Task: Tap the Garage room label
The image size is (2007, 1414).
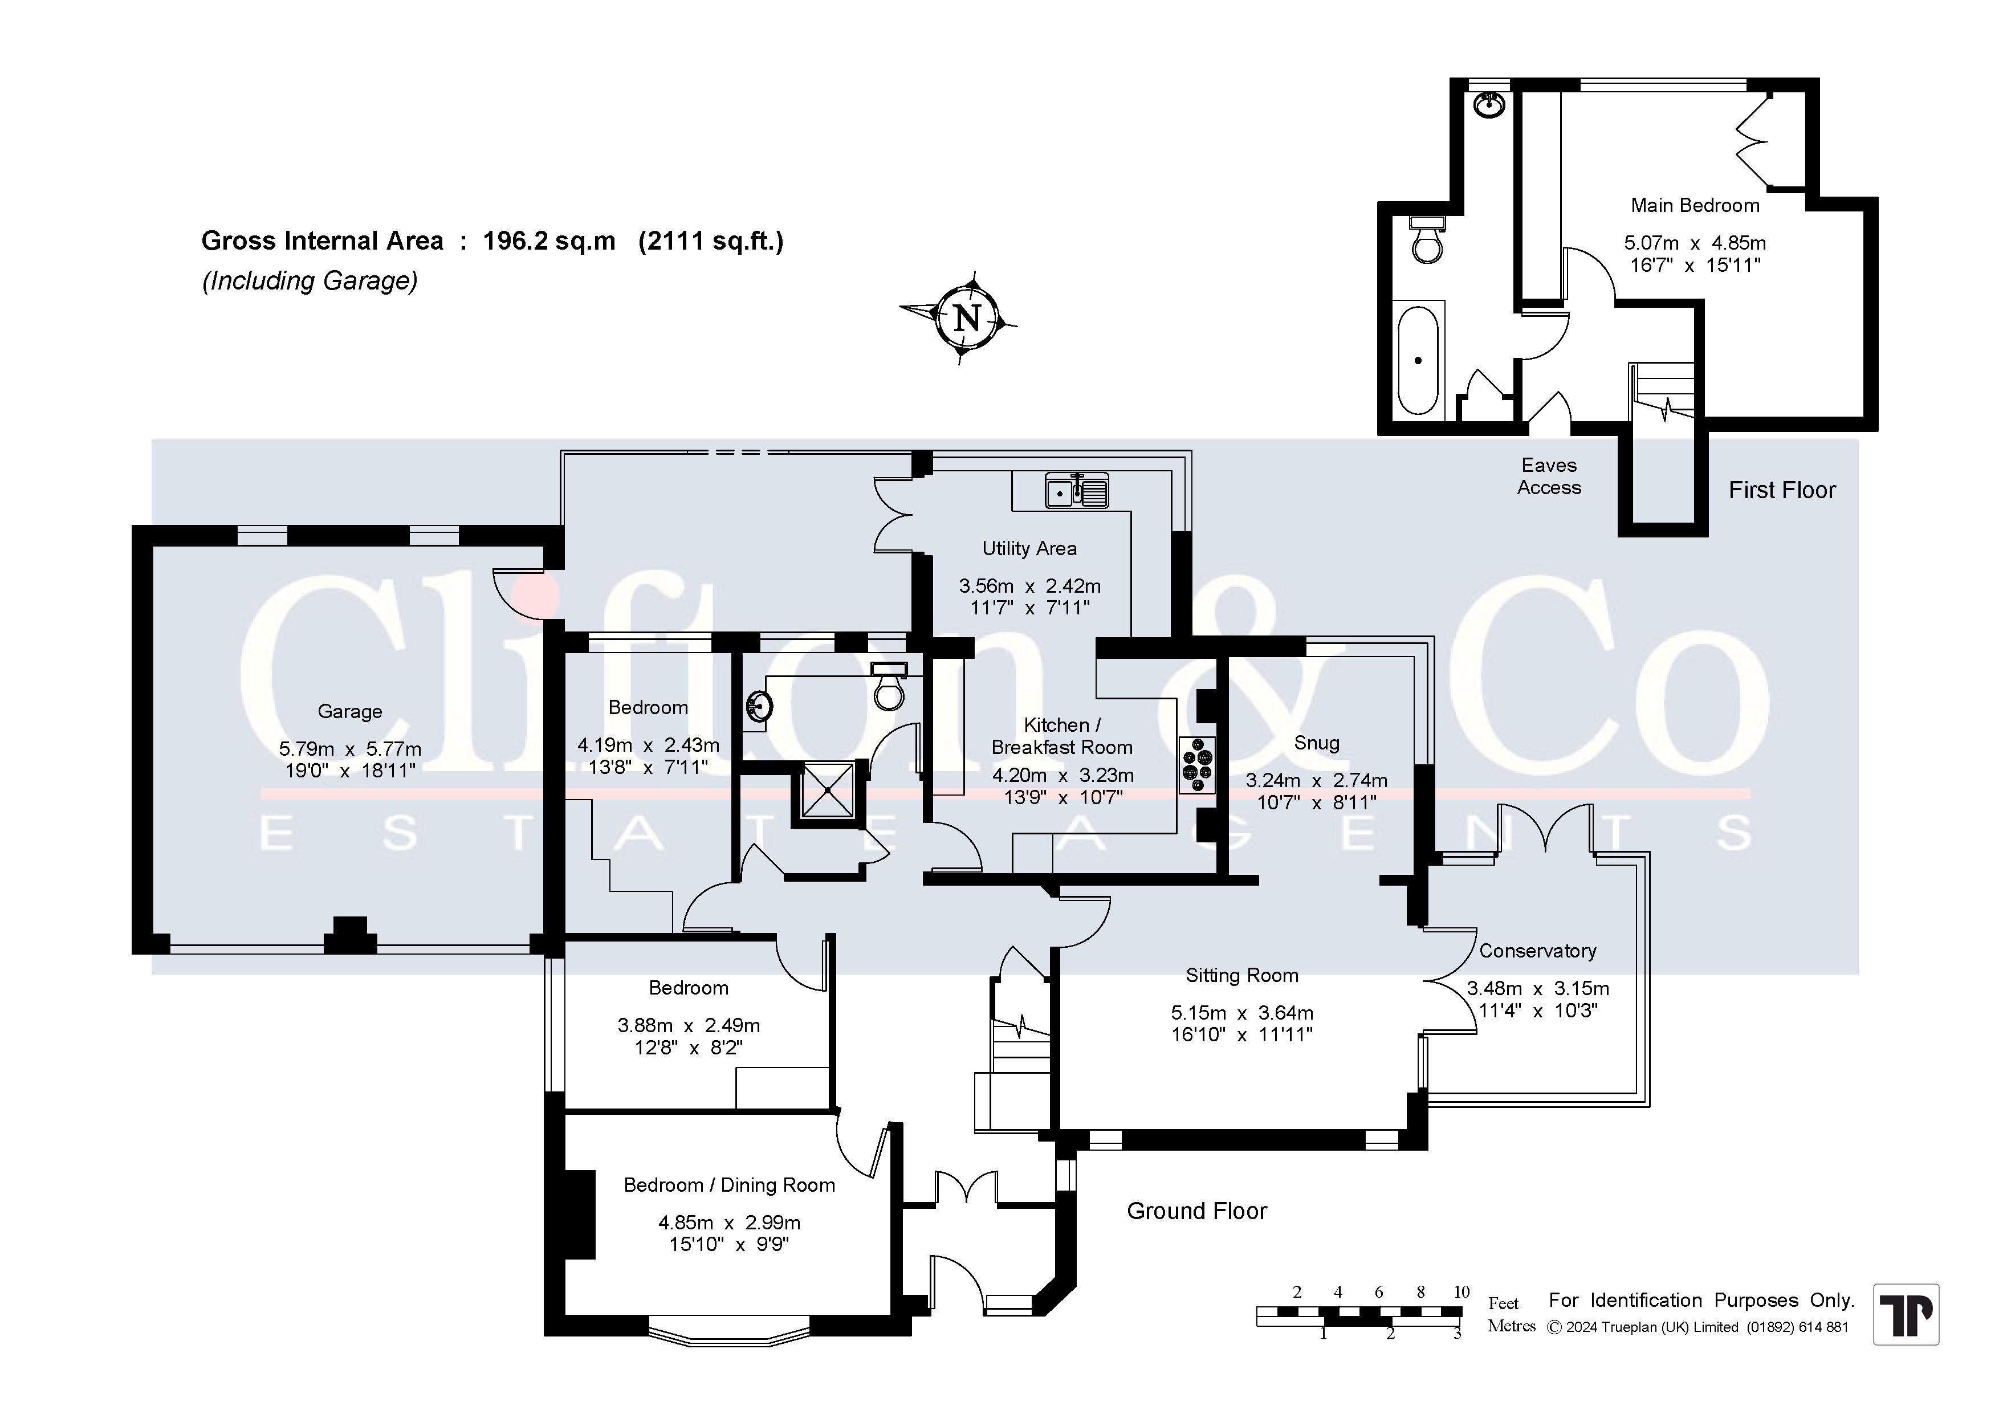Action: (349, 711)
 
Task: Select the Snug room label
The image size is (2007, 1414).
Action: (1317, 743)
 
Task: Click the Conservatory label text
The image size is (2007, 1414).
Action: (1537, 951)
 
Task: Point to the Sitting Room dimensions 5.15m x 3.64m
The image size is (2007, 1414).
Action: (1242, 1013)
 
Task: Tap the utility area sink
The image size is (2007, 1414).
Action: (1077, 491)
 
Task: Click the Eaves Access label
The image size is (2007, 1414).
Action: (1549, 476)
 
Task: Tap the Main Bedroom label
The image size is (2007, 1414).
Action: (1695, 205)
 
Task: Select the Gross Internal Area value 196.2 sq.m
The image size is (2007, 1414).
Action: (549, 241)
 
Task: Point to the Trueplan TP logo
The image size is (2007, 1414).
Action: (1906, 1314)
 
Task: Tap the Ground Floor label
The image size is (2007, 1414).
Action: (1196, 1211)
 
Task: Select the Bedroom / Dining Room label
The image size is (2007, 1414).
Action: (729, 1185)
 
